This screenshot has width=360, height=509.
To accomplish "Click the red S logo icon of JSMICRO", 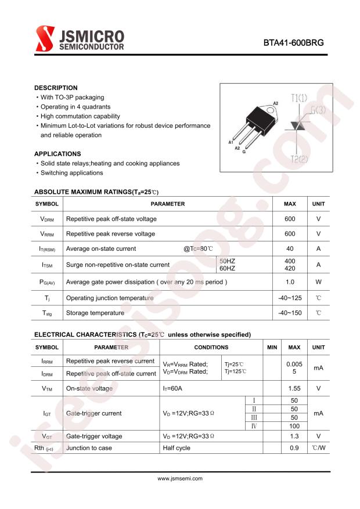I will pos(45,39).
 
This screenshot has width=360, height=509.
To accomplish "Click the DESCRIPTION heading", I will pos(56,88).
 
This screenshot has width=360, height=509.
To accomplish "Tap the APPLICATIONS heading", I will pos(57,154).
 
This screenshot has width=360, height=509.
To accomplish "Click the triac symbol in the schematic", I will pos(298,127).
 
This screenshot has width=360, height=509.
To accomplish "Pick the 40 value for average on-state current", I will pos(290,248).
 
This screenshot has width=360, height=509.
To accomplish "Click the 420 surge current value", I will pos(290,268).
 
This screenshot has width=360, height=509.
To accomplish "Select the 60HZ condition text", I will pos(227,268).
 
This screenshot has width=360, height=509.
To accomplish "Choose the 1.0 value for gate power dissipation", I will pos(290,282).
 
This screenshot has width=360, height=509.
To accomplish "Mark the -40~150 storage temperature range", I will pos(290,313).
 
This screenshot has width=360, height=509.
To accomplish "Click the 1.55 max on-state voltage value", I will pos(294,388).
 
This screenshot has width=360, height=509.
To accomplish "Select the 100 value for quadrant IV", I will pos(294,426).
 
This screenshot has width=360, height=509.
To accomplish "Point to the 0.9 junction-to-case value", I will pos(294,448).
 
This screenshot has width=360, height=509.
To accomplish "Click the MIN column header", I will pos(272,347).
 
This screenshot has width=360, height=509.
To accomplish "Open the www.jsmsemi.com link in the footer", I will pos(180,479).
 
